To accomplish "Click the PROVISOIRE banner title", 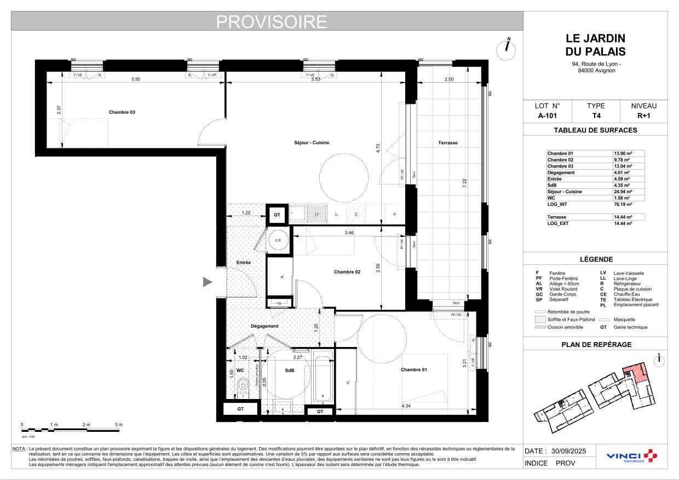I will pos(272,21).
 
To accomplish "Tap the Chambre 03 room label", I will pos(122,112).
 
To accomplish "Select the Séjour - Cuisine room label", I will pos(311,143).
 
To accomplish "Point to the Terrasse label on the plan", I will pos(447,143).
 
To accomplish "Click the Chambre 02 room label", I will pos(347,272).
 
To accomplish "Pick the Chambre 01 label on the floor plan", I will pos(413,370).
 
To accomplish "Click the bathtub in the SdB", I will pos(323,378).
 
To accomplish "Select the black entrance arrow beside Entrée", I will pos(208,282).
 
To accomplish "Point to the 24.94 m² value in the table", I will pos(623,192).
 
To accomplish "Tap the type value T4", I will pos(595,116).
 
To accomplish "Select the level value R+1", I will pos(643,116).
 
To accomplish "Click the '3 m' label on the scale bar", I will pos(119,425).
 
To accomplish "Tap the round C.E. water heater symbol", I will pos(278,240).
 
